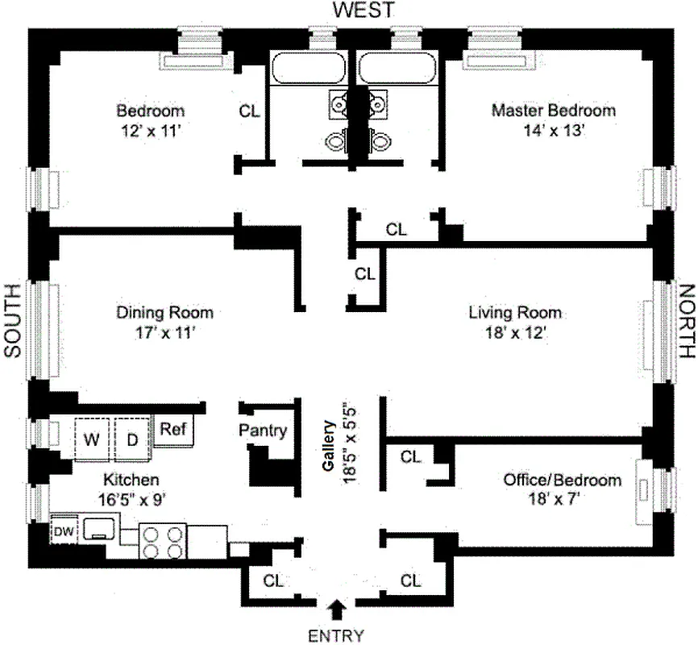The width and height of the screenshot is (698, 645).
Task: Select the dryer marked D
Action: click(x=131, y=440)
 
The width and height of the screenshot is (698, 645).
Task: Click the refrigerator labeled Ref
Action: click(x=171, y=431)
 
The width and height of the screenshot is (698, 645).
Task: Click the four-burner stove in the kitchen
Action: click(x=162, y=541)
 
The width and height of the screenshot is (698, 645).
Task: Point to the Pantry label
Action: click(x=263, y=431)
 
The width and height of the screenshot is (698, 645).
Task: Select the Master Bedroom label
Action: click(x=553, y=110)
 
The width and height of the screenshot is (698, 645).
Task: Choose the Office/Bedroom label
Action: click(x=563, y=480)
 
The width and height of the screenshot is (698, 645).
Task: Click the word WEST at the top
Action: click(x=364, y=10)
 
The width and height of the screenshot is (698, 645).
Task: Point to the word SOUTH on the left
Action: click(x=12, y=321)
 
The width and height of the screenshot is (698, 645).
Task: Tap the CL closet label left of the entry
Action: click(x=273, y=580)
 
